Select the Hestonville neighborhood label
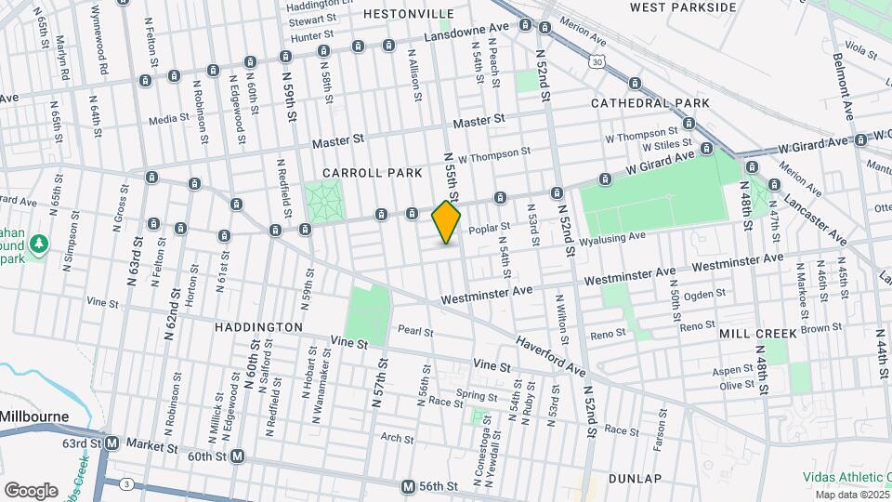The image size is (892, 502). [x=408, y=14]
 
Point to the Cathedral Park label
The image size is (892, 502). [x=650, y=102]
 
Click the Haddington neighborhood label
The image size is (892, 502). [x=258, y=327]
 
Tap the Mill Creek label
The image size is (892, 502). [x=757, y=333]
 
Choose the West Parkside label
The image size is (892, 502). [x=683, y=7]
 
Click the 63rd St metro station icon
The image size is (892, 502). [x=111, y=443]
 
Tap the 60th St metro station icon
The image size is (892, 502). [x=238, y=456]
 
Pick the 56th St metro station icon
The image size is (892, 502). [x=408, y=486]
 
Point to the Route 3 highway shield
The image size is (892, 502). [x=125, y=484]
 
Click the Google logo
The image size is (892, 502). [x=31, y=490]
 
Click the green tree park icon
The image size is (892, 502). [x=38, y=244]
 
